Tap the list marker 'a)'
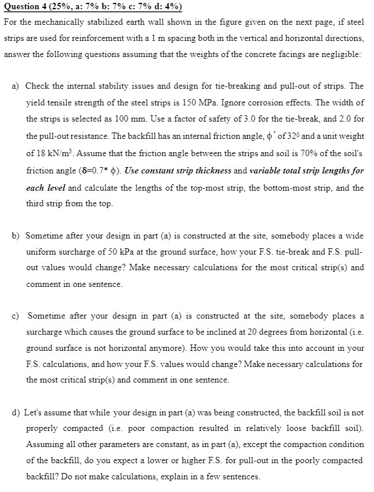(x=16, y=86)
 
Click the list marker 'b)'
(x=16, y=236)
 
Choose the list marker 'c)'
(x=16, y=316)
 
